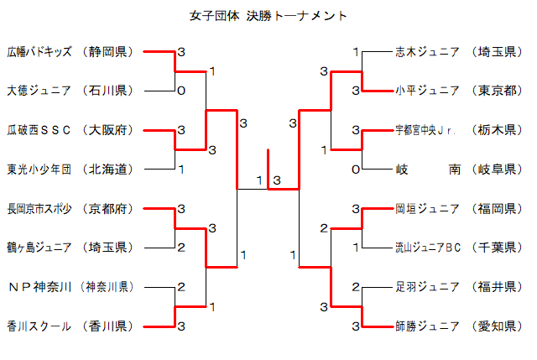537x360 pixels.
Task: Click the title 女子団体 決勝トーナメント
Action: pos(268,16)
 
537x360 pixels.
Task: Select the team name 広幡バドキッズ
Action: pos(39,52)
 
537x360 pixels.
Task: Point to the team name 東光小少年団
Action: pos(39,169)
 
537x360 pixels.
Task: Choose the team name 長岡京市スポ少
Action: pos(39,208)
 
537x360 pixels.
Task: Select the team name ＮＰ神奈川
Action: pos(38,286)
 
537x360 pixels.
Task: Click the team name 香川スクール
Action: pos(39,325)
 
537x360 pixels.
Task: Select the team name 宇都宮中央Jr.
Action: pos(426,130)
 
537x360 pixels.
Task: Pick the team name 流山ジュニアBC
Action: pos(428,247)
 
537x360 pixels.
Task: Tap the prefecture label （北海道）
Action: pos(109,169)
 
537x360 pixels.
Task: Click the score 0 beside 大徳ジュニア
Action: pos(180,91)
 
